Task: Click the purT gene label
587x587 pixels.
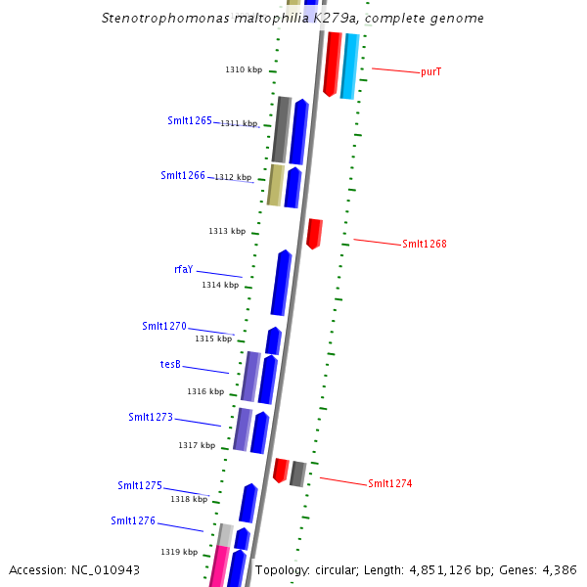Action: [431, 71]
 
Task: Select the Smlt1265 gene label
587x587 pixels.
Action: [190, 120]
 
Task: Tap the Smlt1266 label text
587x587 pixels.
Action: [183, 175]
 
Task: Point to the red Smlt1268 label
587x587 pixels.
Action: [425, 244]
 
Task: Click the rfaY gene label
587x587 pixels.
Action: [183, 269]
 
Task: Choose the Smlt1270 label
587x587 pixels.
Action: [163, 326]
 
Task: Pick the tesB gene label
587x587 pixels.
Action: [170, 364]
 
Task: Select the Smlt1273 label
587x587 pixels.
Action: [151, 417]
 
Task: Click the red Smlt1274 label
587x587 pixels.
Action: [390, 483]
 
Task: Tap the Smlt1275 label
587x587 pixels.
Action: [140, 485]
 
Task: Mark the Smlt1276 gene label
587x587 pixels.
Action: [133, 520]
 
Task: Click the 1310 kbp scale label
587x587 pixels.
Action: [244, 69]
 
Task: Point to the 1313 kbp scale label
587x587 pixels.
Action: [227, 231]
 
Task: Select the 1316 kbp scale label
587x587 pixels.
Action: [205, 391]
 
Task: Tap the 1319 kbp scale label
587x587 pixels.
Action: [180, 552]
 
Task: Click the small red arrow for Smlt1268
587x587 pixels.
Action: [314, 234]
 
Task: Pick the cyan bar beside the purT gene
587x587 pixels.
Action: [350, 66]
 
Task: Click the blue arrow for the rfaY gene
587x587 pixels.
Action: [282, 283]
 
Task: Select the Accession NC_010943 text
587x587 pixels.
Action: [74, 569]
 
